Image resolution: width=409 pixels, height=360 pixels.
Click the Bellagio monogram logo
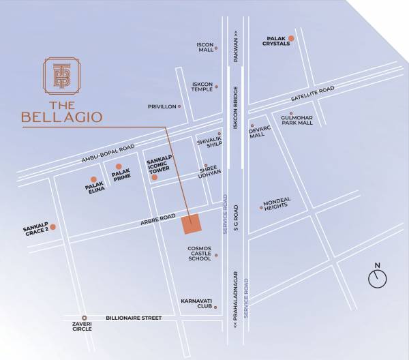(62, 76)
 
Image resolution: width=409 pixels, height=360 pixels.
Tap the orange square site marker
(191, 224)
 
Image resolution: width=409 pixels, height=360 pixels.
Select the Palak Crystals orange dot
(291, 38)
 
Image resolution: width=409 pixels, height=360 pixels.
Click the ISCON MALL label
(205, 46)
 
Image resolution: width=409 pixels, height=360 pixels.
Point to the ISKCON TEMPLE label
(202, 87)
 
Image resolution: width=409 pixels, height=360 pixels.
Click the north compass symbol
(377, 277)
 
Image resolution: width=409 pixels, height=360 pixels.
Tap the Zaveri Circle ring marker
(85, 318)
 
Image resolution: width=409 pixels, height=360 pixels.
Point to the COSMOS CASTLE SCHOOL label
(200, 254)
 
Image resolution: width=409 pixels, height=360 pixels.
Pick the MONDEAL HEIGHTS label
(277, 204)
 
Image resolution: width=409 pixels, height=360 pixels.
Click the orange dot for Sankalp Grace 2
(52, 227)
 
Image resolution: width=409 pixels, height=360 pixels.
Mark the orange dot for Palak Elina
(93, 179)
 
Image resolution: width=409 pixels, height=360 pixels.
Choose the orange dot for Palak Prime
(119, 166)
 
